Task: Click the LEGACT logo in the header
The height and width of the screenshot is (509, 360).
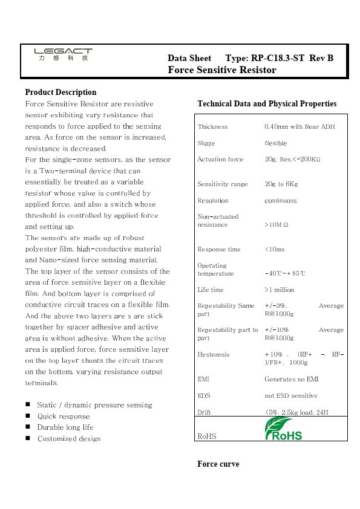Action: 63,54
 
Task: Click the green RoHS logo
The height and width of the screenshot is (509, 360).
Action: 284,429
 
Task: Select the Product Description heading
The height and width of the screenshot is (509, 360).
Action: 61,92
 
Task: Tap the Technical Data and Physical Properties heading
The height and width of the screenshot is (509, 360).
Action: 267,104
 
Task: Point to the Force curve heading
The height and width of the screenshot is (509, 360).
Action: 218,464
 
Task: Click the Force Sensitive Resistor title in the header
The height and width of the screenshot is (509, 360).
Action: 221,70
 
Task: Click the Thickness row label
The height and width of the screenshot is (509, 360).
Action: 212,127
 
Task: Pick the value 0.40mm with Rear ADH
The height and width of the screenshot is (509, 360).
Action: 299,127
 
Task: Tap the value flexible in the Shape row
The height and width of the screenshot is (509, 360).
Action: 276,143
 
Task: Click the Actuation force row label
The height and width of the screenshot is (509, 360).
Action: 220,160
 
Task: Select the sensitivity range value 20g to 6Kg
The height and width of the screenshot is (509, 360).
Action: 281,184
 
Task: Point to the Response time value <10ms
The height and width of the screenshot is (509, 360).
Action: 275,250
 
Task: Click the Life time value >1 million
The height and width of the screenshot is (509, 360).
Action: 280,290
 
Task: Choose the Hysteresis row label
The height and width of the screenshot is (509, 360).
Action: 214,355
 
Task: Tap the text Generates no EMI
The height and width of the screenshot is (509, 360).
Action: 291,379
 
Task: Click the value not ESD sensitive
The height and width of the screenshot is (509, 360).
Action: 290,396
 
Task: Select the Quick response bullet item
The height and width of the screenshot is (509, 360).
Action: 64,417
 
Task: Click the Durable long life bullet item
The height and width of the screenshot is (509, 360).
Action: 65,427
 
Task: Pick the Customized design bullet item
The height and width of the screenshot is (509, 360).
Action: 69,439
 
